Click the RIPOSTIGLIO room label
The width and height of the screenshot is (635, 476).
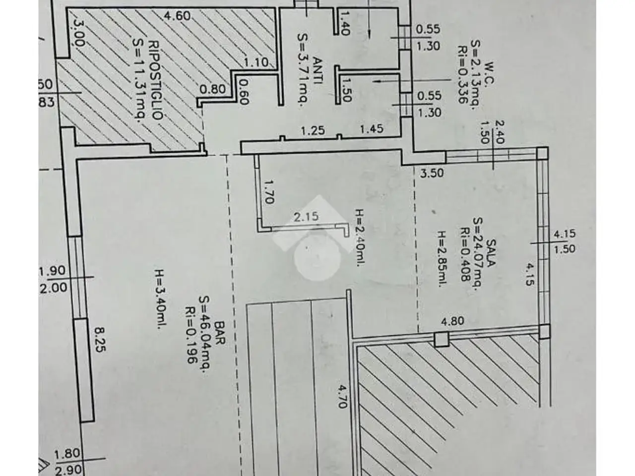coord(155,80)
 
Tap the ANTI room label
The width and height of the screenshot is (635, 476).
coord(318,70)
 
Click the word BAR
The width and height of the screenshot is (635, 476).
coord(220,333)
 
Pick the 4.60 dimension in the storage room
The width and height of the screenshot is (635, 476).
coord(177,15)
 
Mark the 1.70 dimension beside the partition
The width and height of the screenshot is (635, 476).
coord(269,192)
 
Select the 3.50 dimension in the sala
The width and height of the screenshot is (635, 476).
coord(432,173)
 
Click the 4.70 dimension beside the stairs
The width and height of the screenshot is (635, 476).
coord(342,396)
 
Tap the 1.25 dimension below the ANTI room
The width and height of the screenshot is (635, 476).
coord(313,130)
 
